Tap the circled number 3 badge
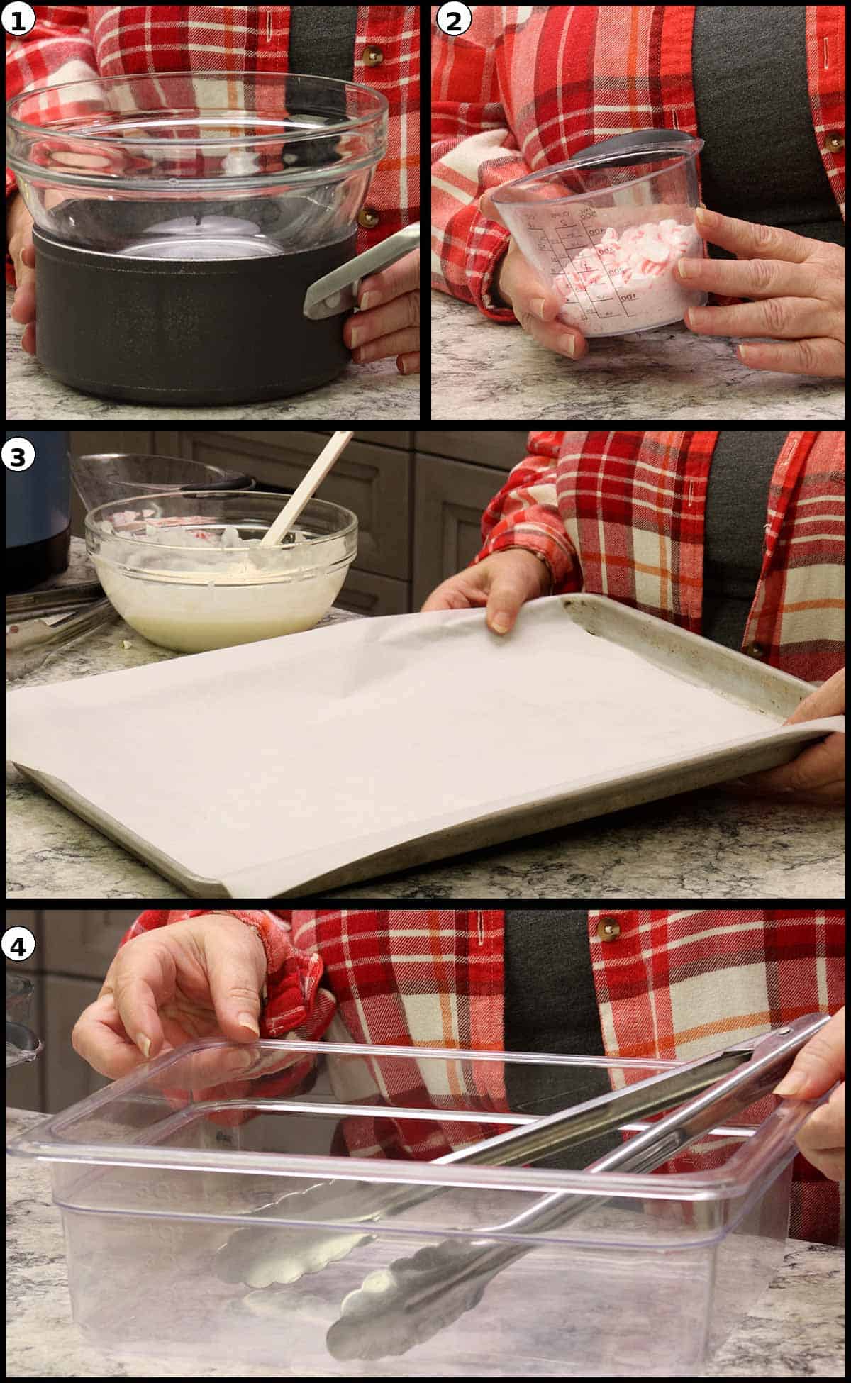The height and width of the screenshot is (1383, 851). coord(18,456)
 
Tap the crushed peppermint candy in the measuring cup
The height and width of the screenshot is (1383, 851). coord(624,262)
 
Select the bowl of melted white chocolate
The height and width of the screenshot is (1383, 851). coord(220,574)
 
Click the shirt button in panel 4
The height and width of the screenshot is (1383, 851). coord(608,925)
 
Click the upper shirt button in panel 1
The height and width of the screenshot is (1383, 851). coord(371,55)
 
